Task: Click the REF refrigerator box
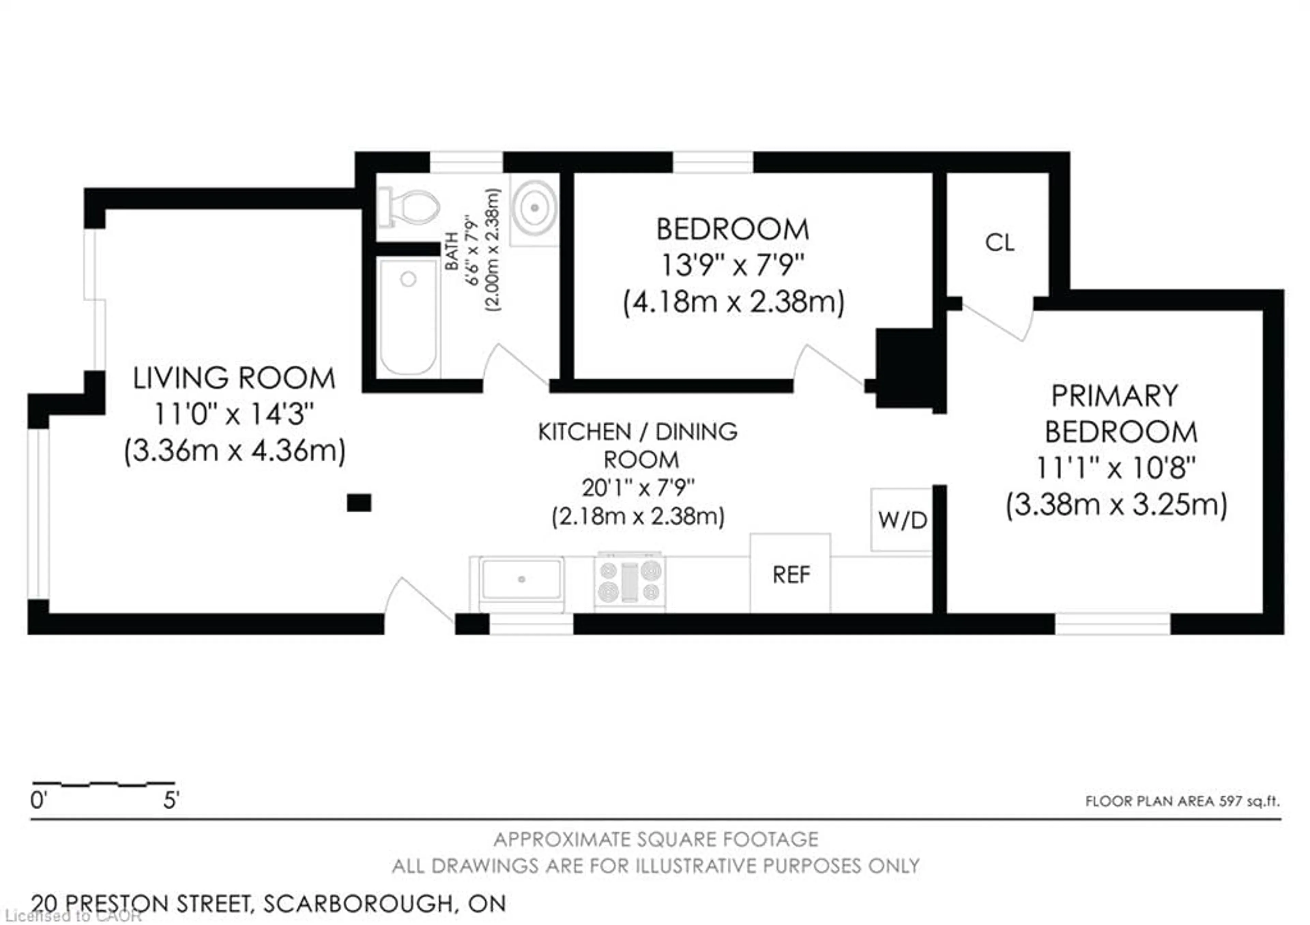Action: (790, 574)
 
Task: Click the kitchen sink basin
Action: (521, 579)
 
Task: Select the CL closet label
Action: (999, 243)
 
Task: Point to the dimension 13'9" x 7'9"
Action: (732, 265)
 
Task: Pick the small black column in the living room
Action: (359, 503)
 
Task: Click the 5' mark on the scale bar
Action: (171, 800)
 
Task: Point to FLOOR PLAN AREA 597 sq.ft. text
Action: (1182, 801)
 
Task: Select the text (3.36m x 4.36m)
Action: (234, 451)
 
